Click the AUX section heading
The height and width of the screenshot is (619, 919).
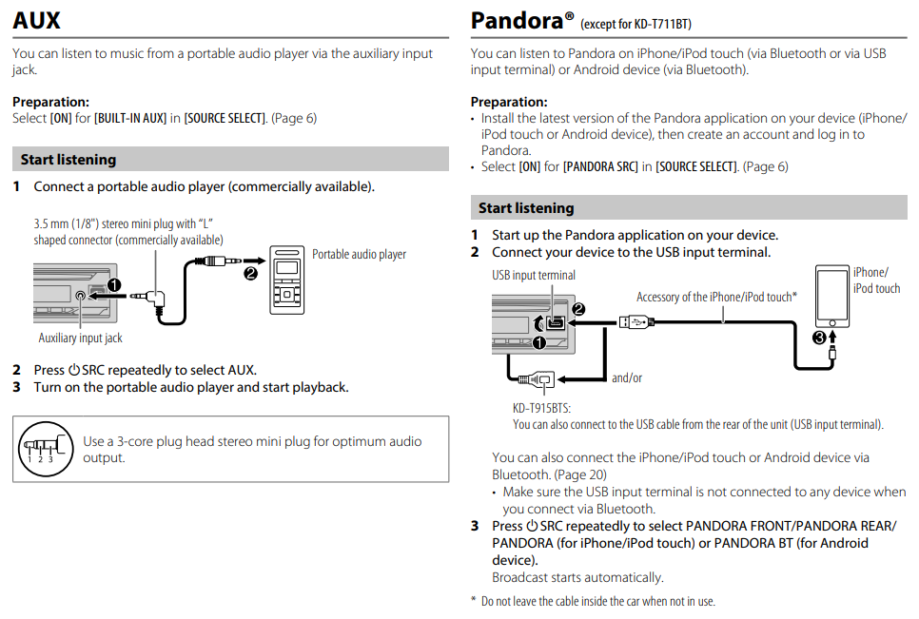point(36,21)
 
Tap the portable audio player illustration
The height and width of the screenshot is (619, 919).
point(286,280)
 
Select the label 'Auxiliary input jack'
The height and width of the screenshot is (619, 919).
point(80,338)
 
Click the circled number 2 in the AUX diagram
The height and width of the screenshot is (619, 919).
point(251,274)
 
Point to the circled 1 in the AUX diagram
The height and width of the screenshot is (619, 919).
point(114,285)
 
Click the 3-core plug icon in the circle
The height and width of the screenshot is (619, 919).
point(46,449)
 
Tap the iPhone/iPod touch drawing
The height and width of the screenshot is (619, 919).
point(832,297)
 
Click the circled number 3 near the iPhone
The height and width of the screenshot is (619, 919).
point(819,338)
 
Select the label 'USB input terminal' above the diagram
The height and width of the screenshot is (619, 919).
point(534,275)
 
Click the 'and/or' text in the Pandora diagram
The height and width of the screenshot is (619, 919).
point(627,378)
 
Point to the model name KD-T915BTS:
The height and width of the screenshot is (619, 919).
point(541,408)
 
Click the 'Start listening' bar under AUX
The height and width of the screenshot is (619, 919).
point(230,160)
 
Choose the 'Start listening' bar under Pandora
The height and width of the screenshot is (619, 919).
point(689,208)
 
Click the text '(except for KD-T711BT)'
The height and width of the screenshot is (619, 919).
point(635,24)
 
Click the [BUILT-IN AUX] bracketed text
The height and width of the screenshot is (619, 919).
point(130,118)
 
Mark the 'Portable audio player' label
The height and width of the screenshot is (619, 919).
point(359,254)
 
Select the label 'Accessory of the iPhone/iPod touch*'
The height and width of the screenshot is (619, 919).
point(716,297)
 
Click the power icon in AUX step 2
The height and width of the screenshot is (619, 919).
point(74,370)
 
